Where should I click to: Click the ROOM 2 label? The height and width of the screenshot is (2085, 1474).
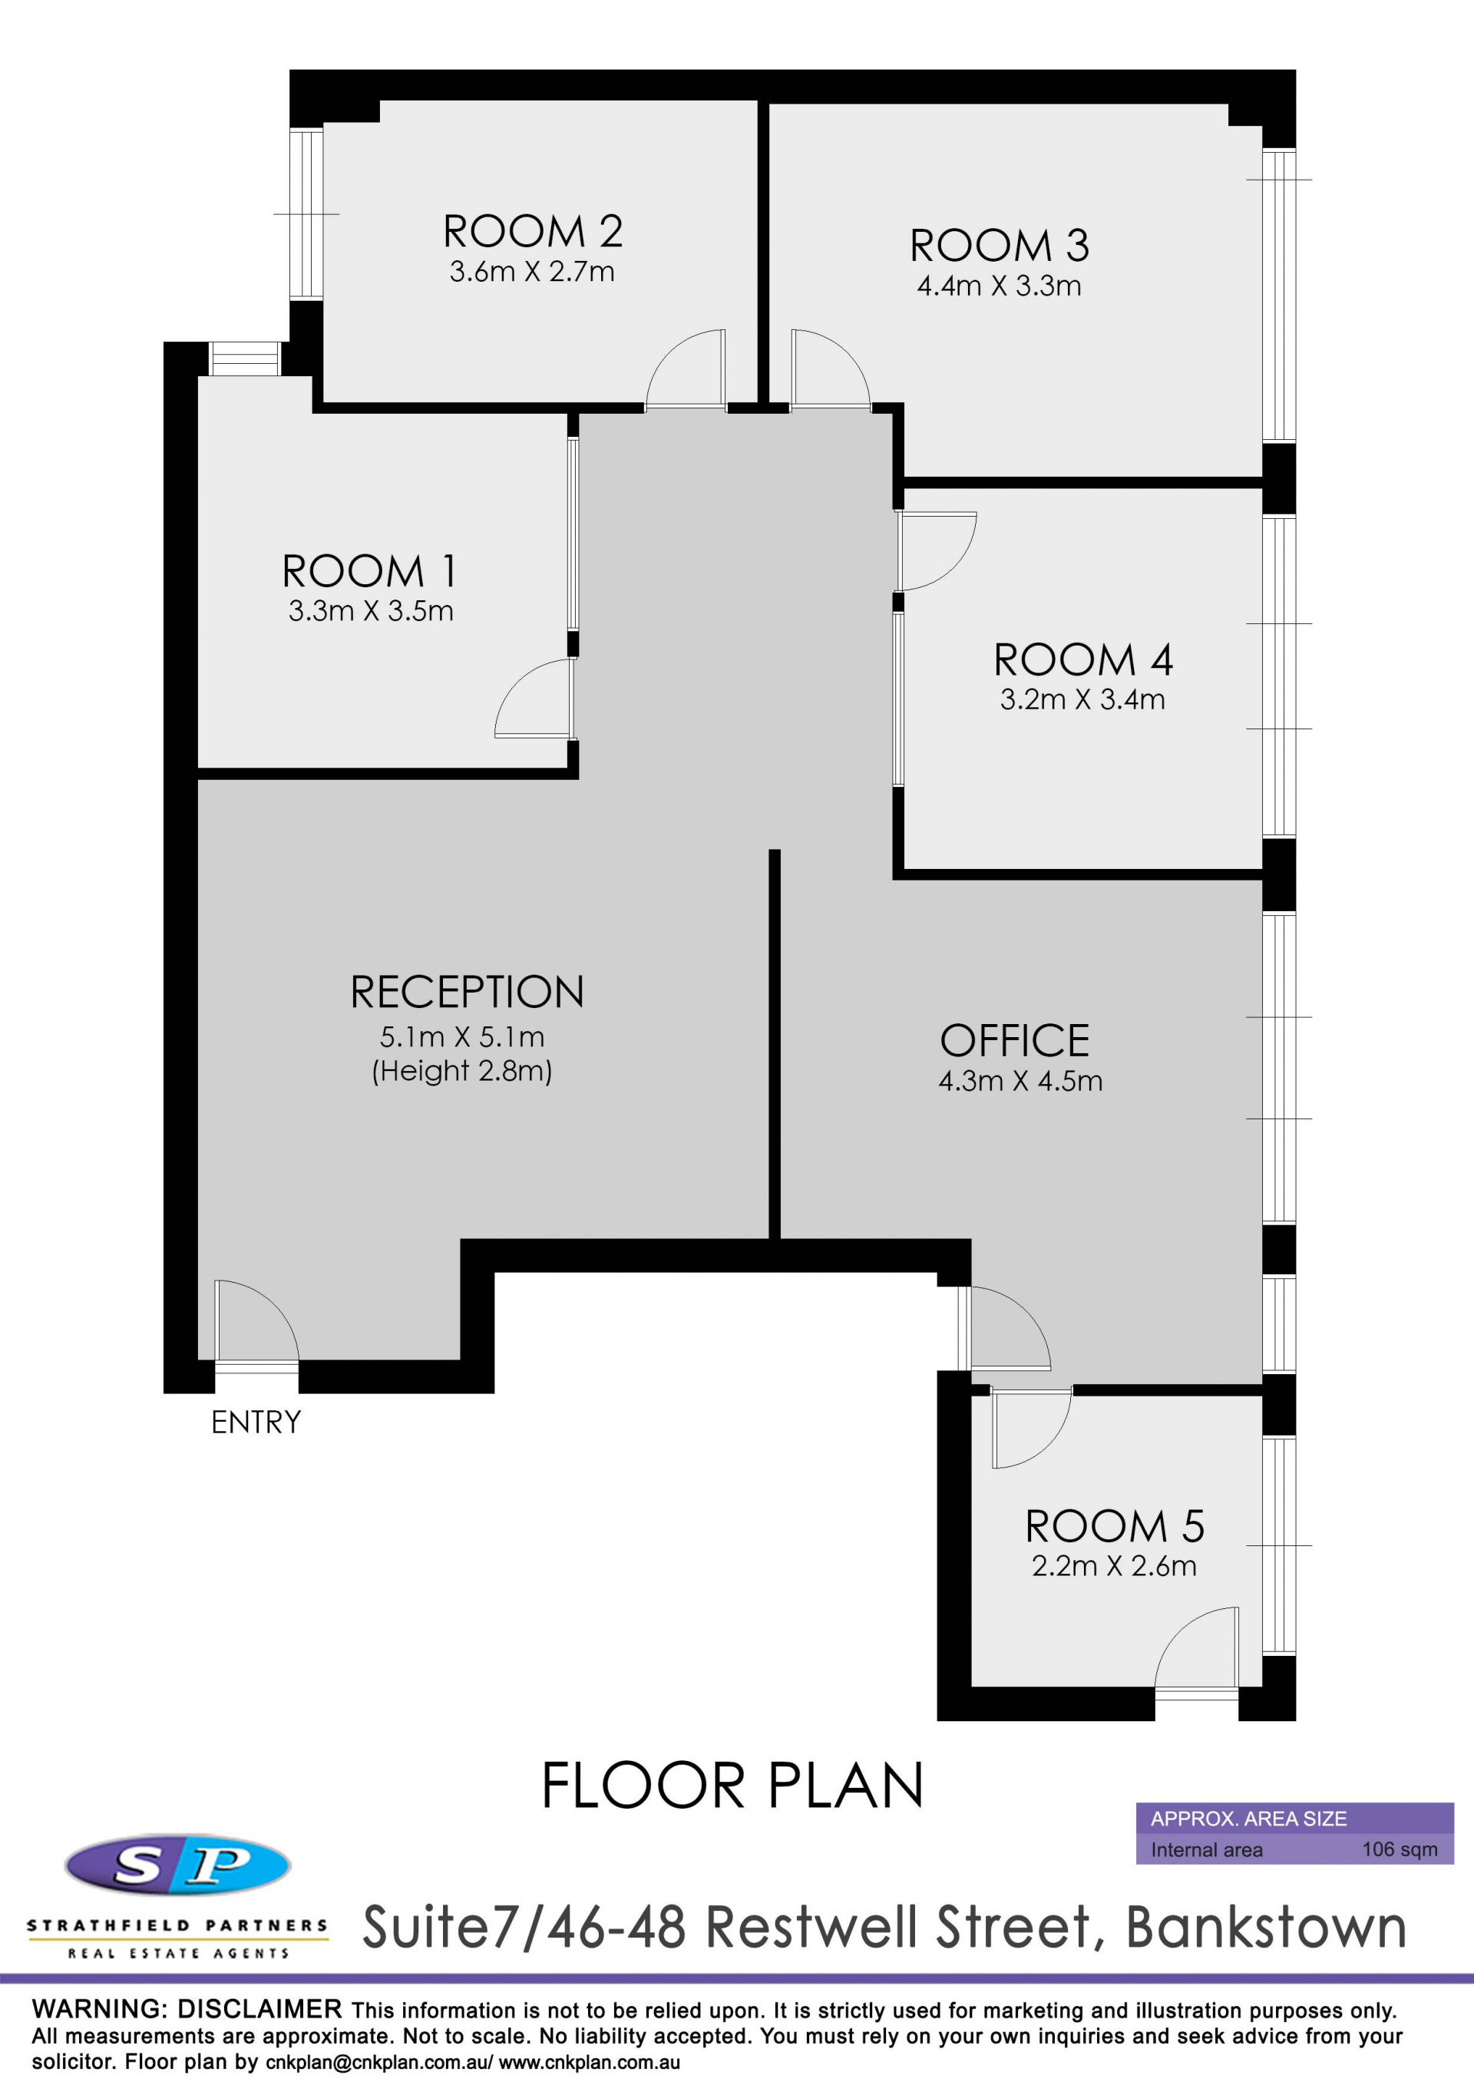532,232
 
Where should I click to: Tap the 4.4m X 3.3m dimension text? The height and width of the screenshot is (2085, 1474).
999,286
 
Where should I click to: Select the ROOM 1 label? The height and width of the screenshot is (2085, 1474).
368,571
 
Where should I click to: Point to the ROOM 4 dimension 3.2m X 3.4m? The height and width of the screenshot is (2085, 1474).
1082,699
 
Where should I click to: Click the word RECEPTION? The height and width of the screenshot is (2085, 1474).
467,992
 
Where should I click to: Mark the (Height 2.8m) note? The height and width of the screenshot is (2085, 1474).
462,1072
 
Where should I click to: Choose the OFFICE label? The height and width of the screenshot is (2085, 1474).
1014,1041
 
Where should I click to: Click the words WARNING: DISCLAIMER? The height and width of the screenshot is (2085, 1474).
187,2009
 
